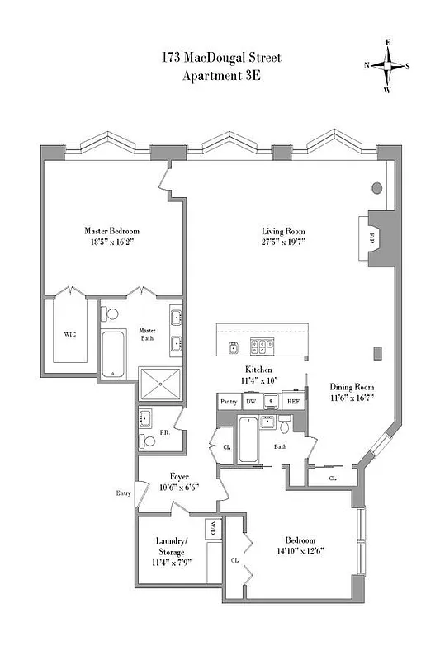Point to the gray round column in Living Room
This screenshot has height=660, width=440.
tap(377, 188)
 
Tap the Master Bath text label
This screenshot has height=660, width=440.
tap(148, 334)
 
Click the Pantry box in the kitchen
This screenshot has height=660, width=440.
tap(229, 402)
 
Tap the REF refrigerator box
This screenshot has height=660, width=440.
tap(292, 402)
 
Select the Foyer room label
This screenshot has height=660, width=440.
tap(180, 476)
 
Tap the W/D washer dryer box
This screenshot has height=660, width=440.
tap(212, 527)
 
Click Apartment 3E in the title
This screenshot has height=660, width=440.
tap(220, 77)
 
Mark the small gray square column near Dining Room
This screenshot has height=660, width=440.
tap(377, 354)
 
